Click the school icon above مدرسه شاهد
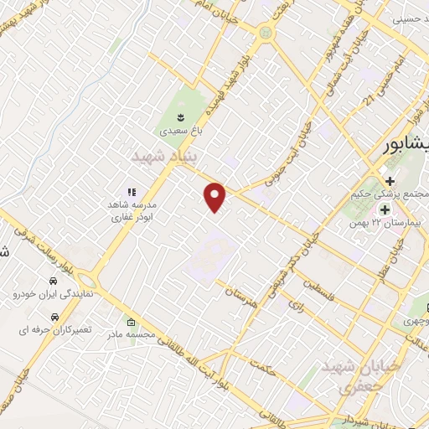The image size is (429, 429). (132, 191)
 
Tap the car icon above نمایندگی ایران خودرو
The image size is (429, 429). (53, 280)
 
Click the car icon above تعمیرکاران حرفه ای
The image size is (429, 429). (54, 317)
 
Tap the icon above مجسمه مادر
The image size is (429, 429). (131, 322)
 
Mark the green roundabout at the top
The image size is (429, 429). (267, 32)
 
